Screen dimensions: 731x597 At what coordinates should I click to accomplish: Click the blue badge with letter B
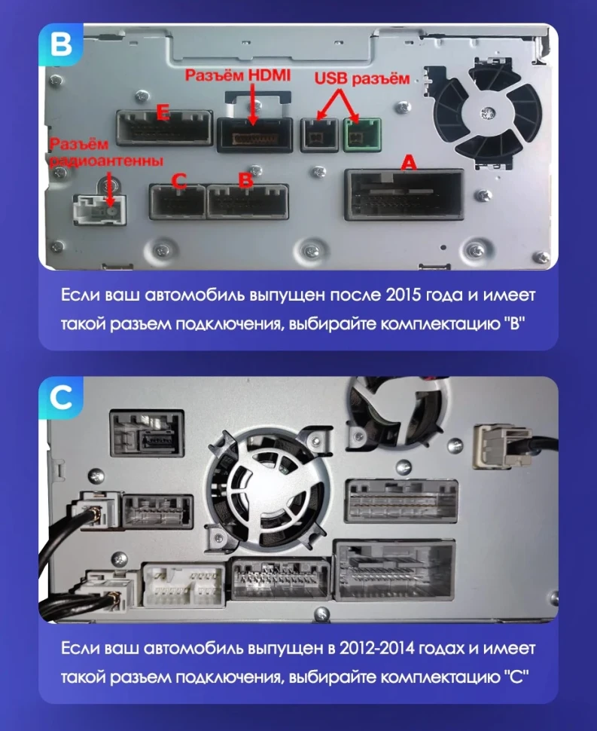58,44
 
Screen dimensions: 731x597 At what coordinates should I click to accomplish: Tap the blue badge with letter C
58,397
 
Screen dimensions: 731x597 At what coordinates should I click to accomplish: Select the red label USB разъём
362,78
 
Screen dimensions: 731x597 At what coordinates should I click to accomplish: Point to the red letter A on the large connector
408,162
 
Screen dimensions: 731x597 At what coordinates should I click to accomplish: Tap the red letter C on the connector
178,181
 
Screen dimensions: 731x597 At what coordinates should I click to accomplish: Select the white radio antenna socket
98,209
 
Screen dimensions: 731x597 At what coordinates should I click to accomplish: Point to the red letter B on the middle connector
245,180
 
